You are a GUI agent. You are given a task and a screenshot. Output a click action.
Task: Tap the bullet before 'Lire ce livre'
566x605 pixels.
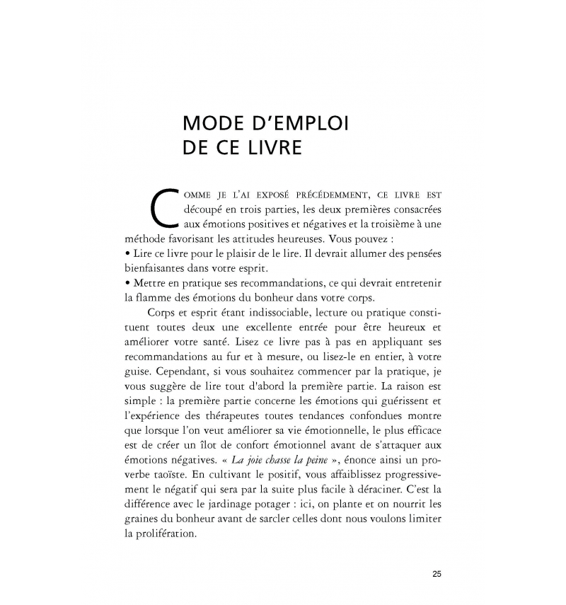[x=125, y=254]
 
